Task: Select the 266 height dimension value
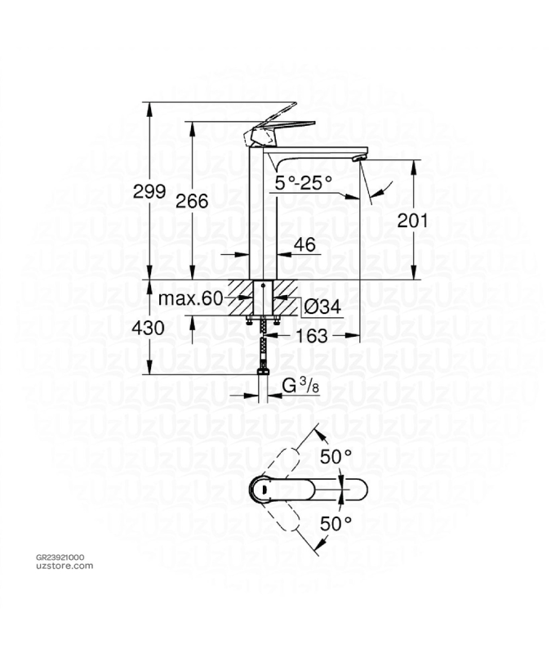[192, 201]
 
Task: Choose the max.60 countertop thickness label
[190, 299]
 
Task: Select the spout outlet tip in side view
[359, 155]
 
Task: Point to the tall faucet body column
[264, 221]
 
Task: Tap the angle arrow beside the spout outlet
[380, 192]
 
